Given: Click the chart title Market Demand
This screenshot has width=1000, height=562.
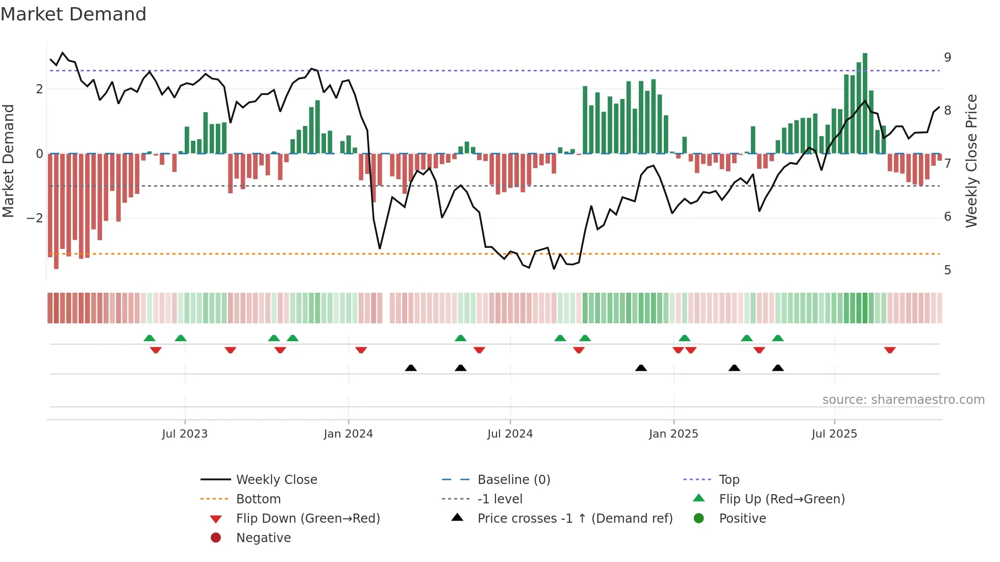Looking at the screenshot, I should point(73,14).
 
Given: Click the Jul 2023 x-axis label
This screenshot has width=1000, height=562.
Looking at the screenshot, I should point(185,434).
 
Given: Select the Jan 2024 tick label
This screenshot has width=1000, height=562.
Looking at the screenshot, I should point(348,434).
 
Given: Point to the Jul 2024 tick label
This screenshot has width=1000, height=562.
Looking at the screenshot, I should point(510,434).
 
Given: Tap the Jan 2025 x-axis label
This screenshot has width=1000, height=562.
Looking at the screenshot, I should point(673,434).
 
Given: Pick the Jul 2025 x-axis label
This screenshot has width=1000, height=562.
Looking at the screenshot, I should point(834,434).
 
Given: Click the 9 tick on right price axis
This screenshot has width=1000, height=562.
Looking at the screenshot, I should point(947,58).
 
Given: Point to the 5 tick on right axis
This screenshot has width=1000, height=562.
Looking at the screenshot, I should point(947,270).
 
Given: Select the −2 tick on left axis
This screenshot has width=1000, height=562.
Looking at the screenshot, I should point(35,218).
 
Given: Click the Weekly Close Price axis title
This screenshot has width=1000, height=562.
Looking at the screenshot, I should point(971,161).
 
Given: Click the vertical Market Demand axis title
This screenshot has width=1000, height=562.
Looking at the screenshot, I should point(9,161).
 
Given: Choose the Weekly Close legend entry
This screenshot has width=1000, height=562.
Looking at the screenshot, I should point(276,480).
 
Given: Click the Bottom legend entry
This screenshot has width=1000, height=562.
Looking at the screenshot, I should point(258,499).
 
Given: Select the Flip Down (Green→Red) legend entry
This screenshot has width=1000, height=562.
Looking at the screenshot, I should point(308,519).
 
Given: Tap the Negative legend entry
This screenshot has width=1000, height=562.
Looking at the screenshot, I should point(263,538).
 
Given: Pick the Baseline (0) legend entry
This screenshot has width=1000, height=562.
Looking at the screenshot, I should point(513,480).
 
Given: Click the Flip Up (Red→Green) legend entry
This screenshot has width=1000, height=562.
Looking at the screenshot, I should point(782,499).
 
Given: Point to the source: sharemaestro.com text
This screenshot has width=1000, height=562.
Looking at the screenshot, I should point(903,400).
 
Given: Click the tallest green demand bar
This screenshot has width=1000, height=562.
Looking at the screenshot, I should point(865,102).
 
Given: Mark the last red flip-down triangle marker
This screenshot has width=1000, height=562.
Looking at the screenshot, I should point(890,350).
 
